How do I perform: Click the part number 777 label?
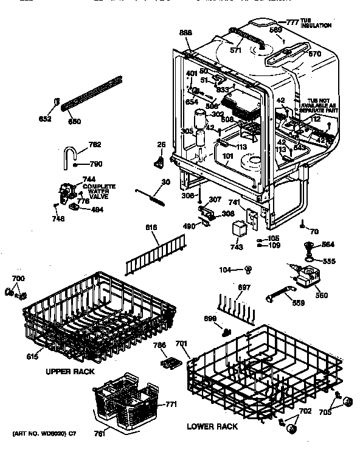[293, 22]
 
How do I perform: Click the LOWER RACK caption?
[212, 426]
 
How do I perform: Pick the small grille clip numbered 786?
[169, 363]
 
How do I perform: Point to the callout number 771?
[171, 403]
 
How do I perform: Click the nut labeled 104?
[249, 268]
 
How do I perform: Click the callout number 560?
[320, 295]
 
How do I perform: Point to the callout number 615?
[31, 357]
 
